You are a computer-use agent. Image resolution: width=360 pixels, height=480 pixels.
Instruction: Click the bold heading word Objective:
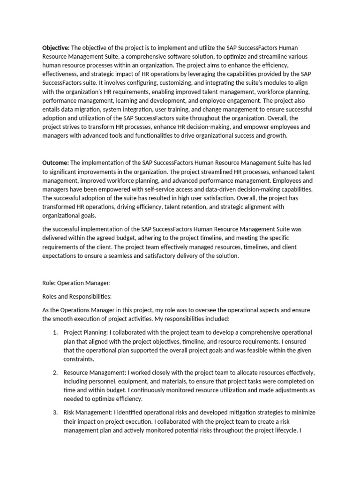click(56, 48)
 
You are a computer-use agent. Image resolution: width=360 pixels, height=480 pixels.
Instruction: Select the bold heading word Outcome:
click(55, 163)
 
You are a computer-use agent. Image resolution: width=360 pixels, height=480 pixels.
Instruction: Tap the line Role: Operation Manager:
click(75, 283)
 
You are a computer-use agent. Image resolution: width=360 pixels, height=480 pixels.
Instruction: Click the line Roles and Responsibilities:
click(77, 296)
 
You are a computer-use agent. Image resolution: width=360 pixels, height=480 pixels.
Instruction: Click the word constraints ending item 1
click(79, 359)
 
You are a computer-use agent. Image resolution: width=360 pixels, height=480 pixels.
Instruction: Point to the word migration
click(85, 109)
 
